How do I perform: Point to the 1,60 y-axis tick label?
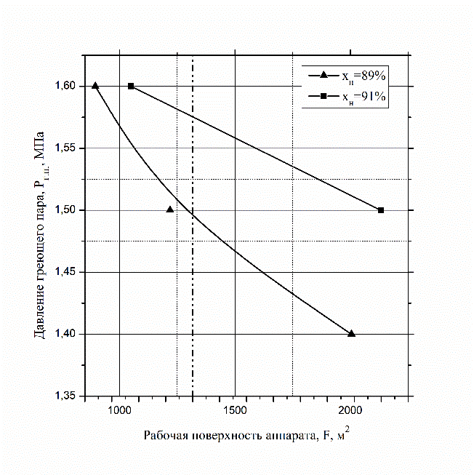pyautogui.click(x=69, y=86)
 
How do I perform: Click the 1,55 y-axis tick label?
pyautogui.click(x=69, y=148)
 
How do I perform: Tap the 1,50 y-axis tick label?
pyautogui.click(x=69, y=210)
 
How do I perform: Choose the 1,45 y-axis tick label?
pyautogui.click(x=69, y=272)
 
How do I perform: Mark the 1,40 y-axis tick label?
pyautogui.click(x=69, y=335)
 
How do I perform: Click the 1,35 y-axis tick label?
pyautogui.click(x=69, y=396)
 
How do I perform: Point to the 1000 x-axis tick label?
pyautogui.click(x=118, y=411)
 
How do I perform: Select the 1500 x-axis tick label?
pyautogui.click(x=235, y=411)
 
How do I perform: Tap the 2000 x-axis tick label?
pyautogui.click(x=351, y=411)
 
